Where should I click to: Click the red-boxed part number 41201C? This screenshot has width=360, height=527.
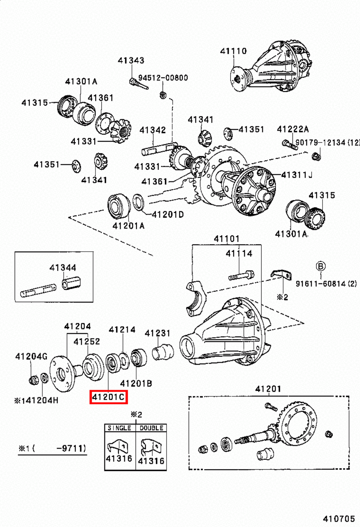tap(109, 397)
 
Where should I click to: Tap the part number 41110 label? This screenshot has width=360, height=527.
tap(233, 51)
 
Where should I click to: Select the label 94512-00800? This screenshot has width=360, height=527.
tap(163, 78)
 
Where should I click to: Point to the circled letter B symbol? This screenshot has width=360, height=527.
tap(321, 266)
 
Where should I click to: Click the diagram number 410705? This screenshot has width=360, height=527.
tap(339, 519)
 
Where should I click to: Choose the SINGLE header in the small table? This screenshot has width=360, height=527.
tap(119, 428)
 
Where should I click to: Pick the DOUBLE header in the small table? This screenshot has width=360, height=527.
tap(151, 428)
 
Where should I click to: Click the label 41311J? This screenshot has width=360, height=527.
tap(296, 175)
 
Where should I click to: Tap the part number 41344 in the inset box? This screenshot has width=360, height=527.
tap(63, 267)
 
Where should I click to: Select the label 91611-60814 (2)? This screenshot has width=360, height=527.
tap(326, 284)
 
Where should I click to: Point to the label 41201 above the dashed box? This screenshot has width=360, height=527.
tap(268, 389)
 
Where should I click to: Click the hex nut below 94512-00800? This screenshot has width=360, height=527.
tap(163, 95)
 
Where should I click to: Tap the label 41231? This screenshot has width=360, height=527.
tap(158, 333)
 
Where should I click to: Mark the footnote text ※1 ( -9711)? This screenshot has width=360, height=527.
tap(52, 448)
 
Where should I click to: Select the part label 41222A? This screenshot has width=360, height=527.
tap(293, 129)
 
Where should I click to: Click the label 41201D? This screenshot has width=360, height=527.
tap(167, 215)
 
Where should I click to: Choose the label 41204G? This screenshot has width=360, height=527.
tap(31, 356)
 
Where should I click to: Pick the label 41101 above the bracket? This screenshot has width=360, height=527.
tap(226, 239)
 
